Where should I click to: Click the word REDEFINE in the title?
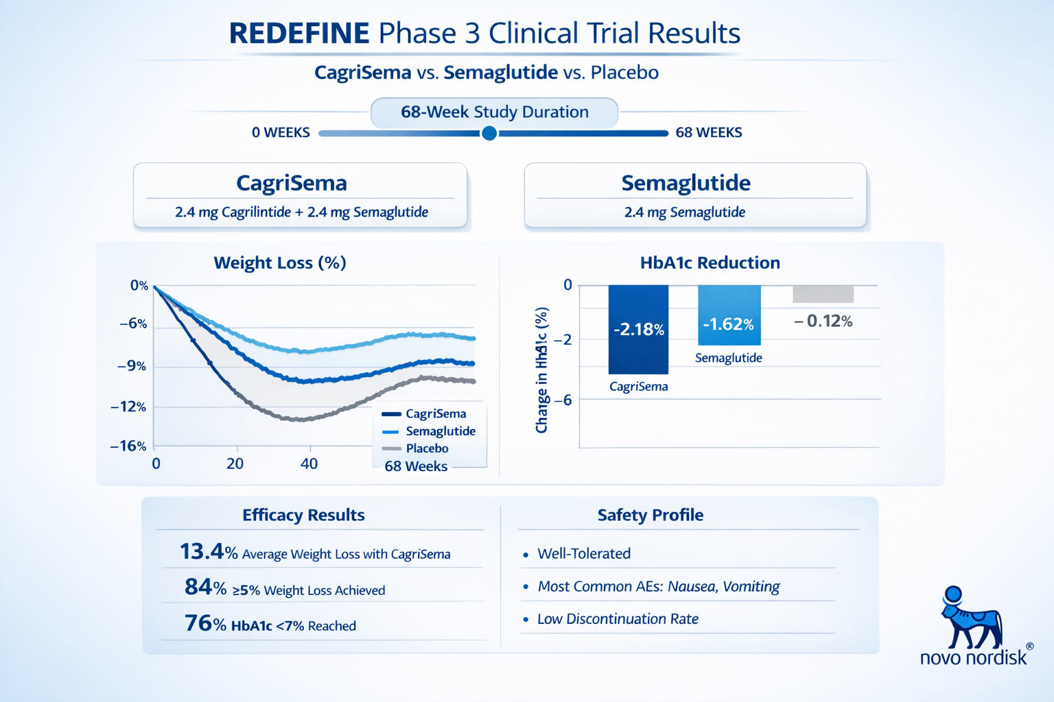point(299,34)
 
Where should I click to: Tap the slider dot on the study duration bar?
point(489,133)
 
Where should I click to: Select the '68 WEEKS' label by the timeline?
point(708,132)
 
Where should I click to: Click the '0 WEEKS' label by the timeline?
point(281,132)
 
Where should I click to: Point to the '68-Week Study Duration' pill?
point(494,112)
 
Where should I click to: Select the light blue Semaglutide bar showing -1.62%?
point(729,315)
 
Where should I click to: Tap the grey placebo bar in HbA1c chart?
point(823,294)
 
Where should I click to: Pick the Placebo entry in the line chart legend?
point(426,448)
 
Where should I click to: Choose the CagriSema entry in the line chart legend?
point(435,414)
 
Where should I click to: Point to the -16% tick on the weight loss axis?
point(129,446)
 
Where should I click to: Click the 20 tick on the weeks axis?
point(235,464)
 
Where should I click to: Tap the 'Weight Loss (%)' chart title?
point(280,263)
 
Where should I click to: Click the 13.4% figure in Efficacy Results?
point(208,552)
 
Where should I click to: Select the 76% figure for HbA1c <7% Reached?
point(204,624)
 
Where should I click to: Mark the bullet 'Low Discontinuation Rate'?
point(618,619)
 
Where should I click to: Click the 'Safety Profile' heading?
point(650,515)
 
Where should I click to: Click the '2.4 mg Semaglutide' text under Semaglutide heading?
point(684,213)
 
